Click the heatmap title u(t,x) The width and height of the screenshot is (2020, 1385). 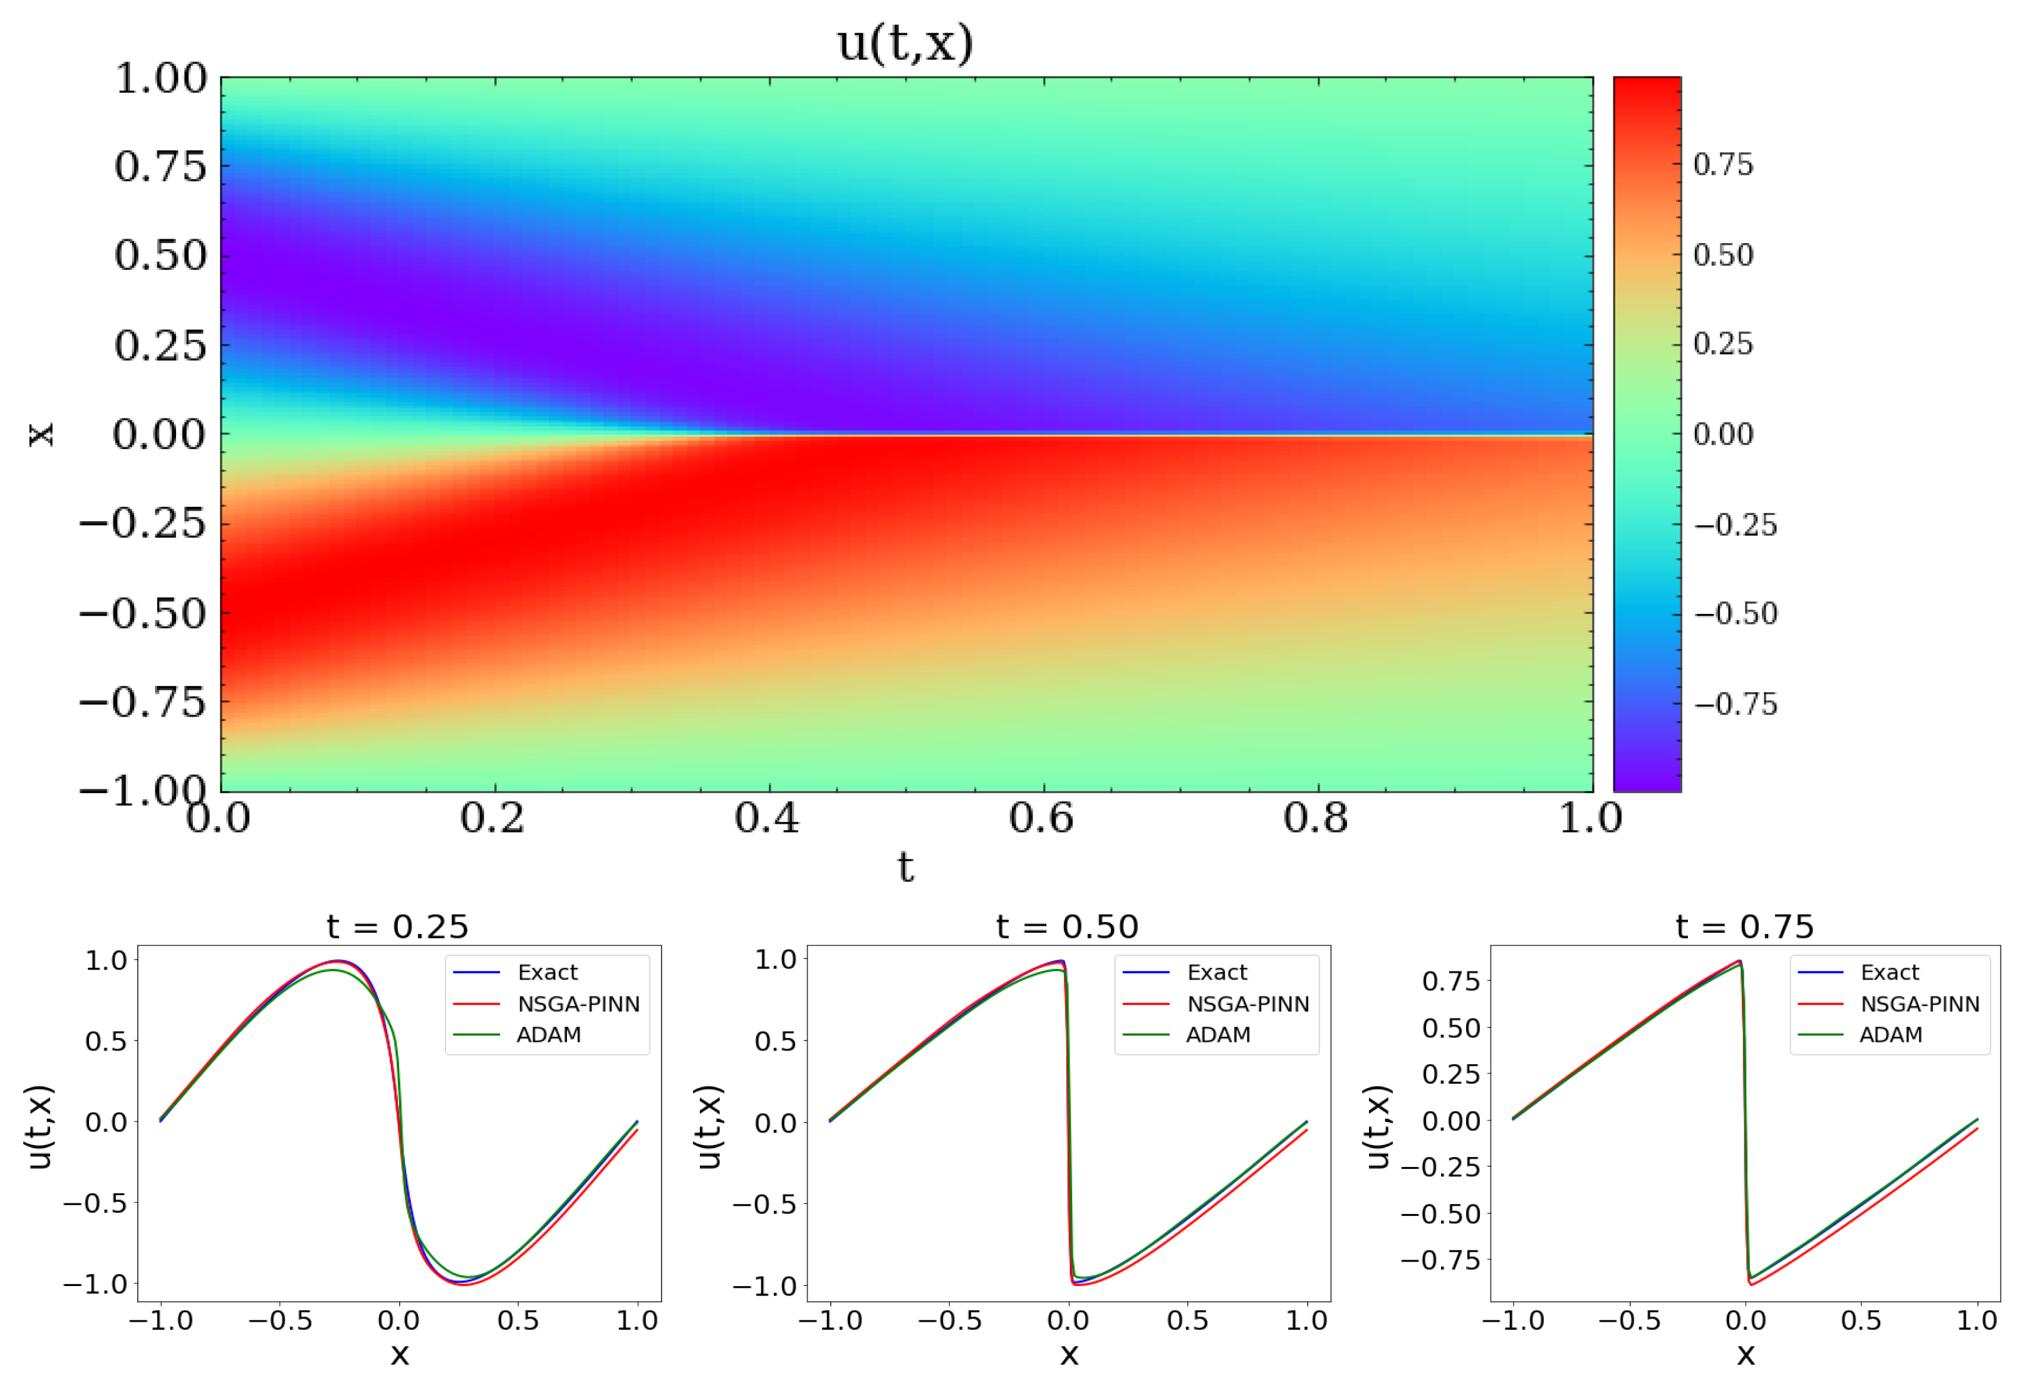(905, 43)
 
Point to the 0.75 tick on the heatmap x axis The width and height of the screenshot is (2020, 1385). (161, 166)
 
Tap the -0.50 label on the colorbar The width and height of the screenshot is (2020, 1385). (1735, 613)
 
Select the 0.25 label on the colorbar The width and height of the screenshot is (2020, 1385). (1723, 344)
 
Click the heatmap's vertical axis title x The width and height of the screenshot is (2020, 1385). (41, 435)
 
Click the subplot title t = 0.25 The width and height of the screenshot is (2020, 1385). (398, 926)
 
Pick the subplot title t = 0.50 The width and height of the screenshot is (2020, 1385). (1068, 926)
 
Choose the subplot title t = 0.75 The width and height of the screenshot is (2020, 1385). (1744, 926)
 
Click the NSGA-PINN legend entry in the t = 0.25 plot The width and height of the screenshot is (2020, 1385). (578, 1004)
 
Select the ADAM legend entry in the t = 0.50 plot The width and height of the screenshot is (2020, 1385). (1218, 1035)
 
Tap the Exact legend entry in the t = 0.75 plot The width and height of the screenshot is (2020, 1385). (1890, 972)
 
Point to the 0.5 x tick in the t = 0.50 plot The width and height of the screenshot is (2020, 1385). (1187, 1320)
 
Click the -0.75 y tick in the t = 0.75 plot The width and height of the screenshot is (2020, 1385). (1439, 1259)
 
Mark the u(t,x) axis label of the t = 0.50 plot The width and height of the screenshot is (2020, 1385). (709, 1127)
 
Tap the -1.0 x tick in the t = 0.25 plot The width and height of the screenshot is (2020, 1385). (161, 1320)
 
